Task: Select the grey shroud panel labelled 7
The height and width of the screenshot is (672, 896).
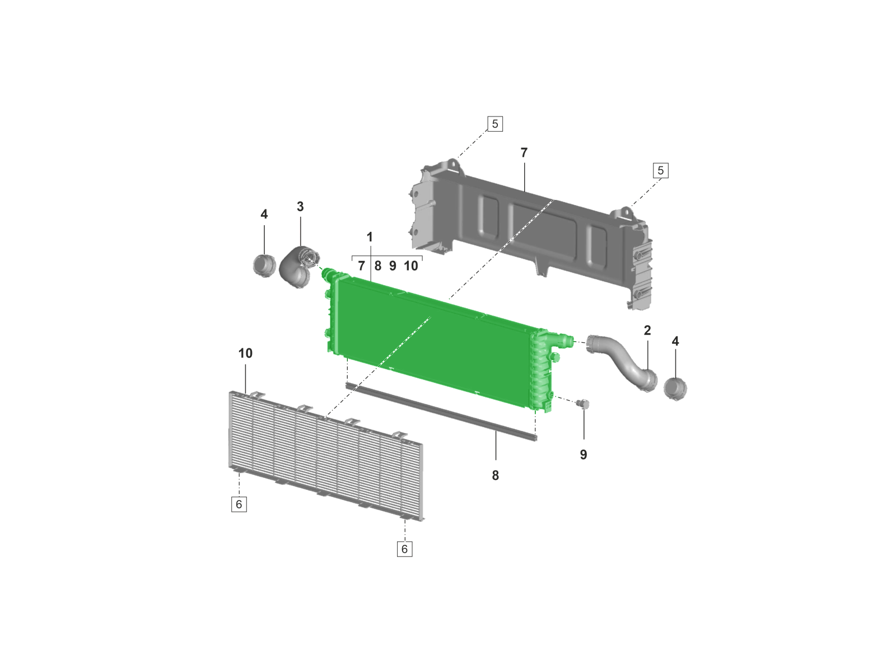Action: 531,232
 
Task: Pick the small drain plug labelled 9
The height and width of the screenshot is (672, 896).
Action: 582,404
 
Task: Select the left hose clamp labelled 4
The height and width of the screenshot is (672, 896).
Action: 264,265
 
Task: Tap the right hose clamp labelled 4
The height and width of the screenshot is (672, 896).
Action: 675,389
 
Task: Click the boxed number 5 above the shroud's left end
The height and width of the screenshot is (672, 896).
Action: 495,124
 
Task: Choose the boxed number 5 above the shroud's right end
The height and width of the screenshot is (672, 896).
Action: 661,170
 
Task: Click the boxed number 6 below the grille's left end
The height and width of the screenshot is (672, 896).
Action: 239,505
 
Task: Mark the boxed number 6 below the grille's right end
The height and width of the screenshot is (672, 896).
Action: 404,549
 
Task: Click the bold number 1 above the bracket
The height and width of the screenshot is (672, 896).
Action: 370,237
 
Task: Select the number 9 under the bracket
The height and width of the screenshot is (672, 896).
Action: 393,266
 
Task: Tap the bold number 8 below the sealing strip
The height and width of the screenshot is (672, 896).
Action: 496,475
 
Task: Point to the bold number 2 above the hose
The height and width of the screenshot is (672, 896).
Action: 647,330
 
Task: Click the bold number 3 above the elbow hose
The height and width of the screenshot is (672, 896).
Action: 300,207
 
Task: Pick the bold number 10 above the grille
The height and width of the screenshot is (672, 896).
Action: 245,353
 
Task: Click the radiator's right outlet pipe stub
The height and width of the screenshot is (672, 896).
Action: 566,339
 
